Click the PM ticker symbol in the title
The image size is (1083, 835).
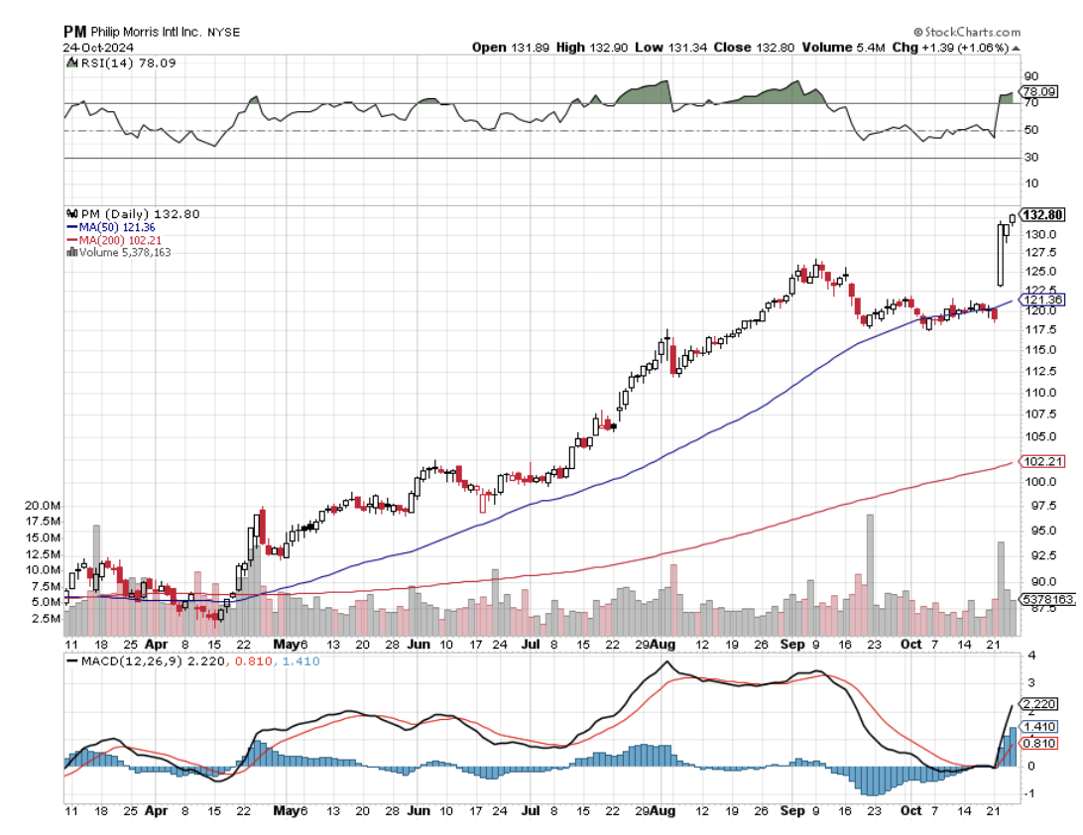75,31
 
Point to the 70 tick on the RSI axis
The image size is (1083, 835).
1031,103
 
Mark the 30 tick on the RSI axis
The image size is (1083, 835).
1031,157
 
